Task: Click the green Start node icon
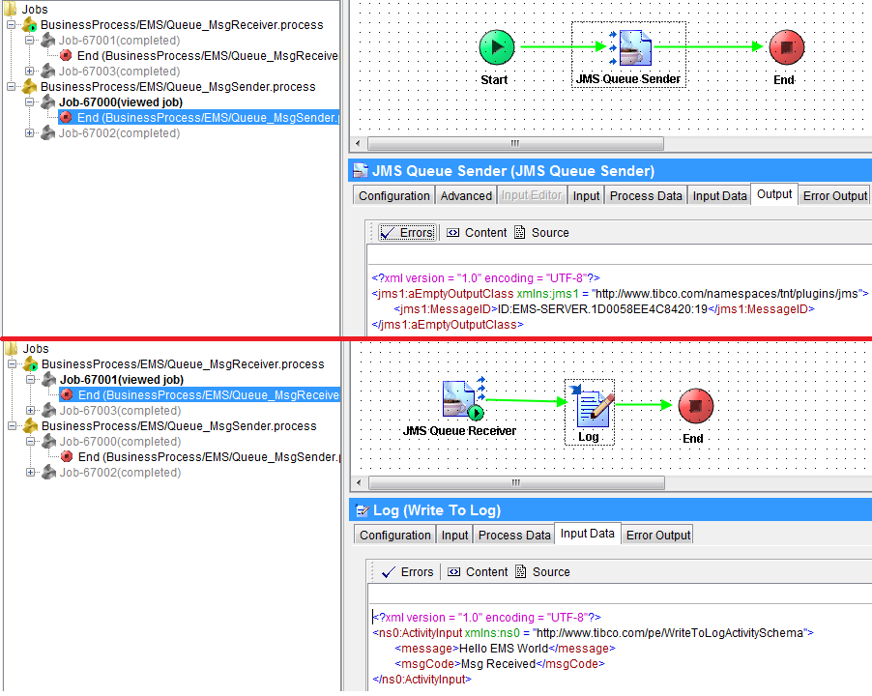tap(496, 46)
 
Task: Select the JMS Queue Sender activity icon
tap(632, 46)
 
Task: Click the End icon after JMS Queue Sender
tap(786, 46)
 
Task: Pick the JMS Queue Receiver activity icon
tap(461, 399)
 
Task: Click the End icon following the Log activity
tap(695, 406)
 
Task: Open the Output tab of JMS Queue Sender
tap(774, 194)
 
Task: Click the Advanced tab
tap(466, 196)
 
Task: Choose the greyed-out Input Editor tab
tap(531, 196)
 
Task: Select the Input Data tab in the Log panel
tap(587, 534)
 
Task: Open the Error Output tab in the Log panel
tap(658, 536)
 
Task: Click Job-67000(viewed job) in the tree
tap(120, 102)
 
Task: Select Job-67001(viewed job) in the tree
tap(121, 380)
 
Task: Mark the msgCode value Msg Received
tap(497, 664)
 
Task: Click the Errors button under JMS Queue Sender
tap(406, 233)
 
